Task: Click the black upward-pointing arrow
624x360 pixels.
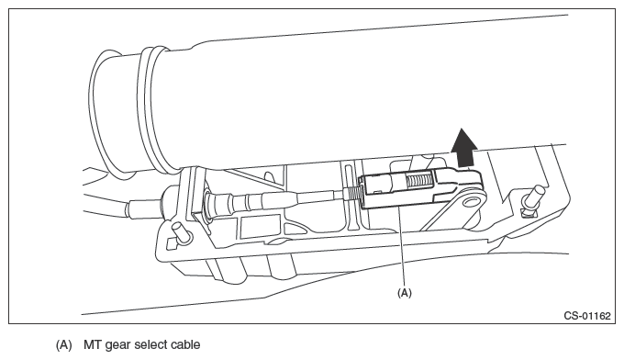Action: (464, 148)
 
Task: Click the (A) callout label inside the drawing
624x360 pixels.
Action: (405, 293)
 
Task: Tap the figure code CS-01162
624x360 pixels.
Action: (587, 316)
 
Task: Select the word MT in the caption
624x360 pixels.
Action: (92, 344)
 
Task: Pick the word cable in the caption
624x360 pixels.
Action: (185, 344)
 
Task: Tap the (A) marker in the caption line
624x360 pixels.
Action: (63, 344)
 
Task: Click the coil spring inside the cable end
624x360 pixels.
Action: (419, 182)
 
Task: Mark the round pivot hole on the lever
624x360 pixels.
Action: (472, 201)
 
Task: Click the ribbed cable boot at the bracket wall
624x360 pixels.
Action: (218, 204)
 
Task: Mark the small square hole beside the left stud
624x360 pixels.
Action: (172, 243)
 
